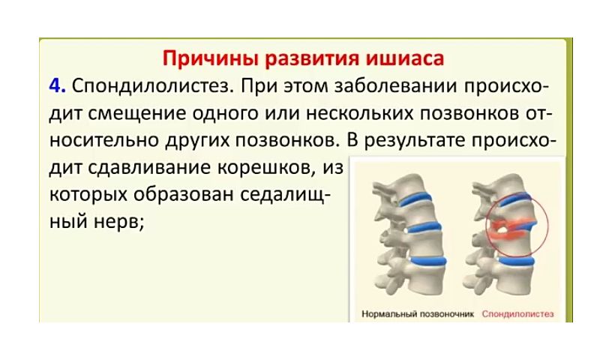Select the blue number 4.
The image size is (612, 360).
(57, 86)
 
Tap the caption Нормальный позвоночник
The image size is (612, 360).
(418, 314)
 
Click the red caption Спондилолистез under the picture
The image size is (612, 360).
(517, 314)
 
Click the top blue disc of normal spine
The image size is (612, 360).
(416, 199)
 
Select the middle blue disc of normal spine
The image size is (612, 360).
(424, 228)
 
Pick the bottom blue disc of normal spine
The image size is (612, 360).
(428, 261)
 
